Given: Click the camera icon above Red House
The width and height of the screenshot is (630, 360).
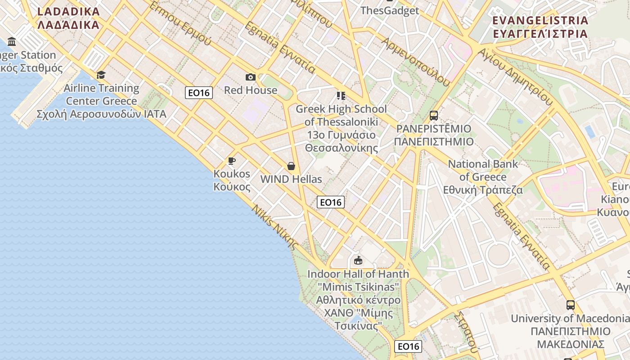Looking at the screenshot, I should tap(251, 77).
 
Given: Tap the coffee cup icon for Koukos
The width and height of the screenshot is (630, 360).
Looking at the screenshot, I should tap(232, 161).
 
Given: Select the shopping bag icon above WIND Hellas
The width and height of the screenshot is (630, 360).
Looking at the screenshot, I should tap(291, 166).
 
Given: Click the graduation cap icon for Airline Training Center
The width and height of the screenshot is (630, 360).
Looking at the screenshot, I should tap(101, 75).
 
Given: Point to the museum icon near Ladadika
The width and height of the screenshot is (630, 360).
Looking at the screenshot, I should tap(12, 42).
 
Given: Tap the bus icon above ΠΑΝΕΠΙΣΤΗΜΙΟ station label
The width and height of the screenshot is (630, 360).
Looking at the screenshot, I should tap(434, 116).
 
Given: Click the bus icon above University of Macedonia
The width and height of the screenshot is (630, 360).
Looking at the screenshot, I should tap(571, 305).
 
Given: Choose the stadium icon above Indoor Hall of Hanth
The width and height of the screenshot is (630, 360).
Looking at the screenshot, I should tap(358, 261).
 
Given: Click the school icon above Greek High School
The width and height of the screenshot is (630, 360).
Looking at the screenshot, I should tap(341, 96).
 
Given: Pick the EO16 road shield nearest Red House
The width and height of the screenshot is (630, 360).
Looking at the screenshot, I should tap(199, 93).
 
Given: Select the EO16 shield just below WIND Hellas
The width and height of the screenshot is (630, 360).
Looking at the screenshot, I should tap(331, 202).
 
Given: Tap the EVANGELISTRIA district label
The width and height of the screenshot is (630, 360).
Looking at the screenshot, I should tap(540, 27).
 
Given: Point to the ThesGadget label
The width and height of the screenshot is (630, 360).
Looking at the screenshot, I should tap(390, 10).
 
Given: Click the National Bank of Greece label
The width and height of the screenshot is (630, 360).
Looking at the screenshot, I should tap(483, 177).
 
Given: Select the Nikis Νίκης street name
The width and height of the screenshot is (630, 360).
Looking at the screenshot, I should tap(274, 228).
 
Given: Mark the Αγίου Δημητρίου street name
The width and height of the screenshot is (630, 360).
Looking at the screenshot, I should tap(515, 76).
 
